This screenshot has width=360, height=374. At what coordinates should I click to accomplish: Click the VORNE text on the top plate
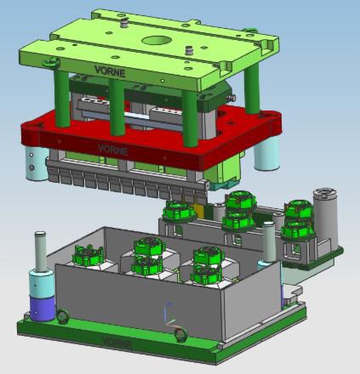point(110,71)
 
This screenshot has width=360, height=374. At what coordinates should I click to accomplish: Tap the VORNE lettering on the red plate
point(112,149)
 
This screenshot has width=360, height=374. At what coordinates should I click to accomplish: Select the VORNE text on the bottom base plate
point(117,343)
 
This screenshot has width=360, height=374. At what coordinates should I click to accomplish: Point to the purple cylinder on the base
point(43,308)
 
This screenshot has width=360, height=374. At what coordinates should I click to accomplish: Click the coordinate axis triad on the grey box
point(170,314)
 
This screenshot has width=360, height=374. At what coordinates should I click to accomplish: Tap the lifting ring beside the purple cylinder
point(62,316)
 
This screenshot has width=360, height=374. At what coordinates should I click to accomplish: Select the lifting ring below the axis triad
point(180,335)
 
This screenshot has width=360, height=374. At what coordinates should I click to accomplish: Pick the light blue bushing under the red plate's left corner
point(36,164)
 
